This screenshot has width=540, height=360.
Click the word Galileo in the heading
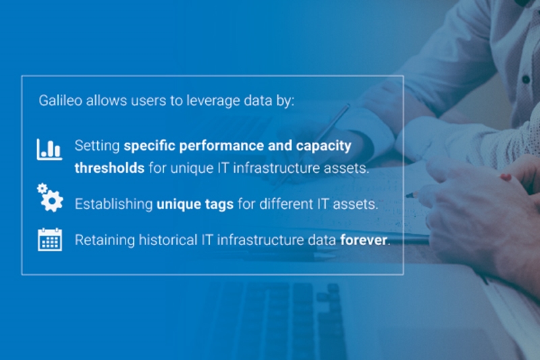(61, 101)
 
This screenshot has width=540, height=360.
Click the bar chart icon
(49, 149)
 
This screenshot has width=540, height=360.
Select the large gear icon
(53, 200)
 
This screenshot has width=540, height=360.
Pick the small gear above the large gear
(42, 188)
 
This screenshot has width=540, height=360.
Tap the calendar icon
(50, 239)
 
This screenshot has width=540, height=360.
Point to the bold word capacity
(323, 146)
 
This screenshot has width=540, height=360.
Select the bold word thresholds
(109, 168)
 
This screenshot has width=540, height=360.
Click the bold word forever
(364, 240)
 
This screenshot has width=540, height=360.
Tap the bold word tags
(219, 204)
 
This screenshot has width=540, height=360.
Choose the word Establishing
(113, 204)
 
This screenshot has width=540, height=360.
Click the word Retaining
(105, 240)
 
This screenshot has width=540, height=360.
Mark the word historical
(168, 240)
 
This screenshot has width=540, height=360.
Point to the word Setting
(97, 146)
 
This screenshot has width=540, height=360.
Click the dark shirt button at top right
(526, 79)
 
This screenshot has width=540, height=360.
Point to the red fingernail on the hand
(506, 178)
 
